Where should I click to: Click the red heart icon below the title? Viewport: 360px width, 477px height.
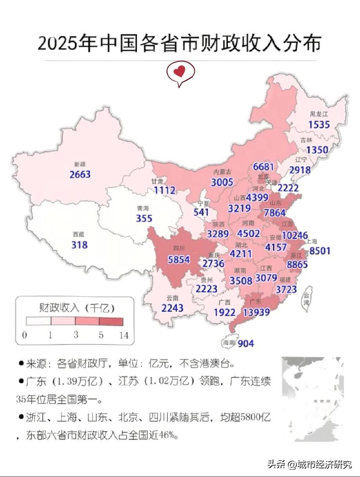[x=180, y=72]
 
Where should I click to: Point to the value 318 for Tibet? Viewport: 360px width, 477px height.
[x=79, y=245]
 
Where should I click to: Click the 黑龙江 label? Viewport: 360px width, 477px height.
[x=318, y=114]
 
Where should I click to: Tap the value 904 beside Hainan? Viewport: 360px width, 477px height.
[x=245, y=343]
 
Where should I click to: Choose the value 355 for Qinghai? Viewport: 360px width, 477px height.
[x=144, y=218]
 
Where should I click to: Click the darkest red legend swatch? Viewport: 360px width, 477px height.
[x=111, y=321]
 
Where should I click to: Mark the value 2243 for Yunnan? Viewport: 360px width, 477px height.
[x=172, y=308]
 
